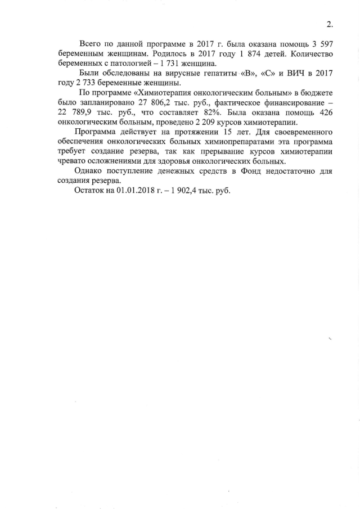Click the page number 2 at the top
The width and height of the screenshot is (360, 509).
click(x=329, y=24)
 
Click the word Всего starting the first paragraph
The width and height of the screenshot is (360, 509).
click(x=91, y=43)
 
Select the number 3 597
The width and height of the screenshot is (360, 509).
click(x=321, y=43)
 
